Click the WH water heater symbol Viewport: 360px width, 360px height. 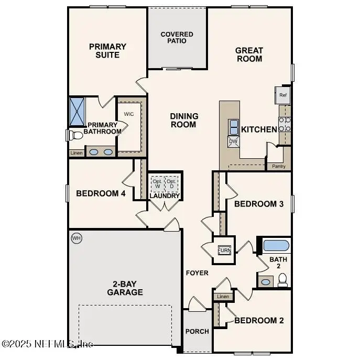77,238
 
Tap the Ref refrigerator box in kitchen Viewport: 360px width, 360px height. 283,95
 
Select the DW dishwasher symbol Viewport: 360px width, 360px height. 233,141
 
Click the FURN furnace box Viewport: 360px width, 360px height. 224,250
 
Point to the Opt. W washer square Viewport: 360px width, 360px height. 157,183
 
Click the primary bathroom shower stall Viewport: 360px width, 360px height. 78,111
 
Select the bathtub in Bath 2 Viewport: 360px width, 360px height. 275,245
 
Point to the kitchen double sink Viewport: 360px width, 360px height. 233,127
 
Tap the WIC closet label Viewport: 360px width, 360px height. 129,114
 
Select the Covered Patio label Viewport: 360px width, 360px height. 177,38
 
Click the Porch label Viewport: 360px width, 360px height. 197,331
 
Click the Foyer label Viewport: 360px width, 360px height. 197,273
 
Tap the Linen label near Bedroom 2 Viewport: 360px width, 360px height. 223,297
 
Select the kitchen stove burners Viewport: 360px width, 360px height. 285,124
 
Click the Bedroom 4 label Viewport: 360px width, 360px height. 101,193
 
